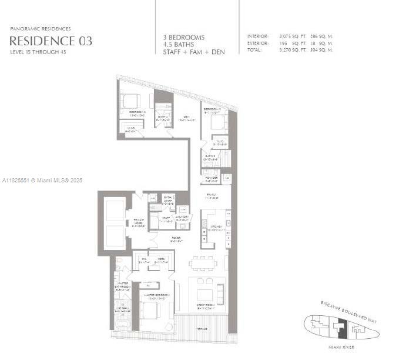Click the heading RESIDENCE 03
[51, 41]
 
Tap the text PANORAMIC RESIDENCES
[41, 28]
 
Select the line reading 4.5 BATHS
[179, 45]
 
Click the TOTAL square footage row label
[256, 51]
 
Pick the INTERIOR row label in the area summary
[258, 36]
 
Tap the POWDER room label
[211, 179]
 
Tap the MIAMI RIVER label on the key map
[339, 347]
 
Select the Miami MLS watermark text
[43, 180]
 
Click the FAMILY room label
[210, 195]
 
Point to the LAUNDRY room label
[182, 217]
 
